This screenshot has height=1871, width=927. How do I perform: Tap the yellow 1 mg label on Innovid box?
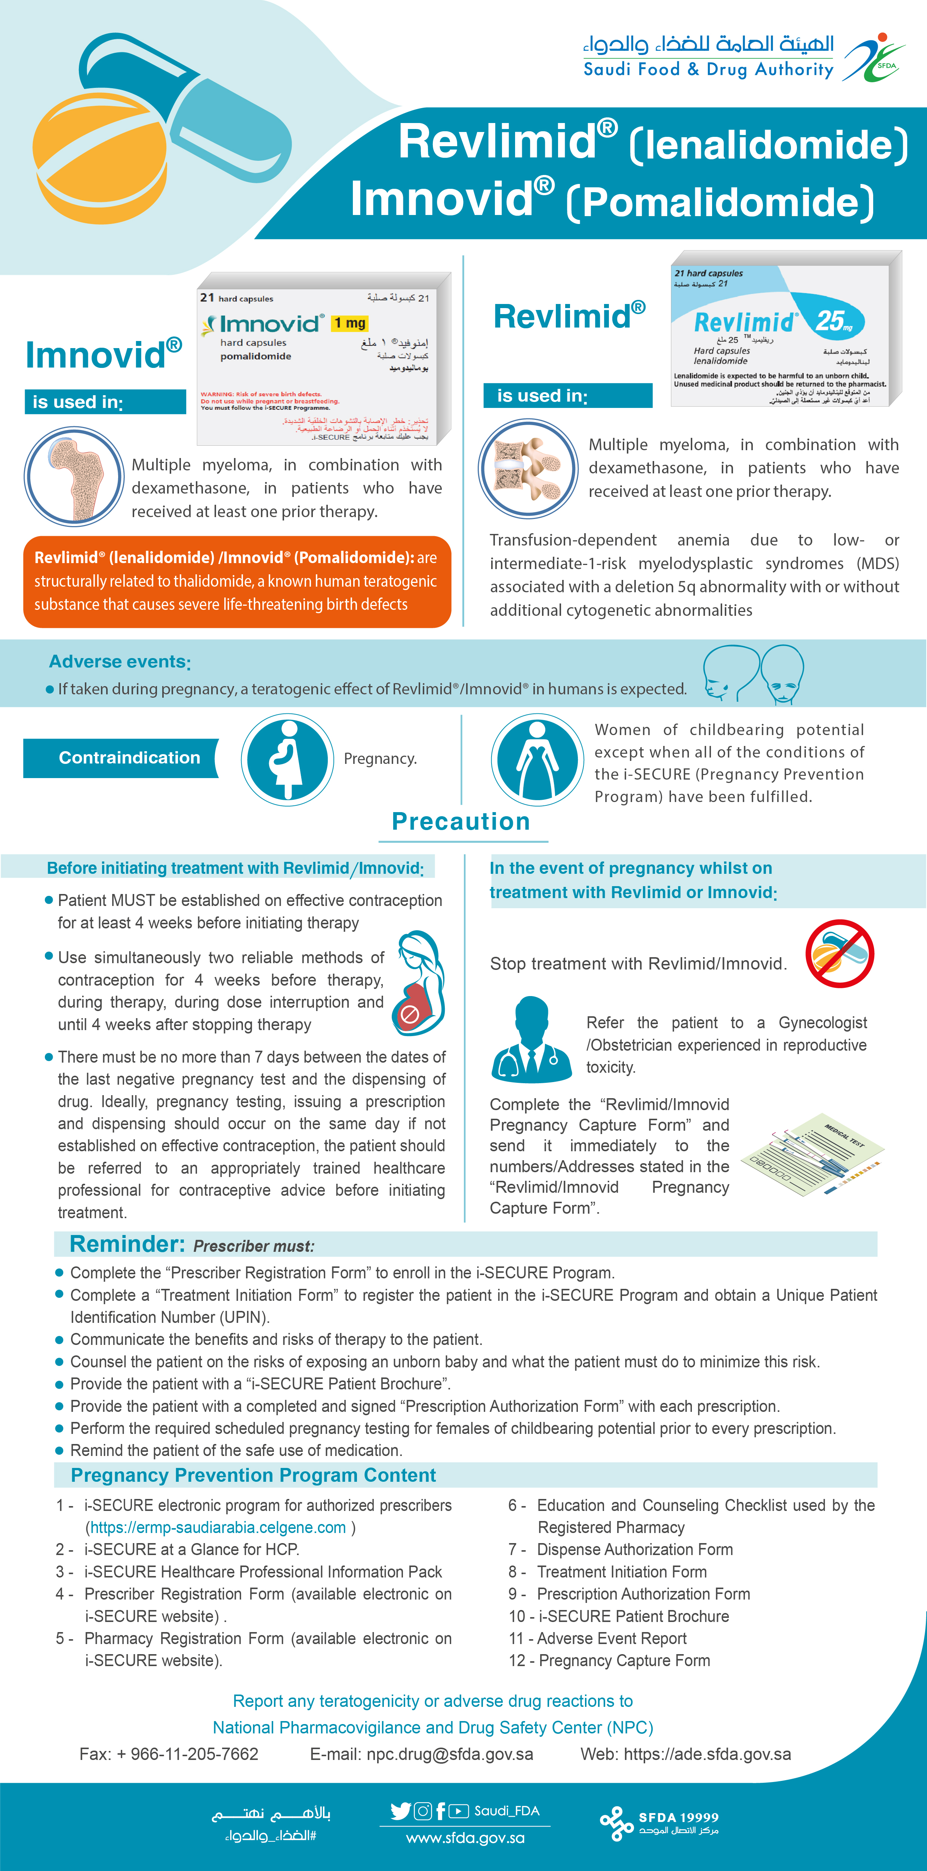pos(350,322)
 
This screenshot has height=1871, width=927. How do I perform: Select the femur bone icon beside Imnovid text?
pos(74,476)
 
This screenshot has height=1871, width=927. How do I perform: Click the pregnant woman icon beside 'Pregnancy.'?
pos(287,759)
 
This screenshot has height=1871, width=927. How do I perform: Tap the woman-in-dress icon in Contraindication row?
pos(537,759)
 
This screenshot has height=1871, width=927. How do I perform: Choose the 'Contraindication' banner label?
pos(129,758)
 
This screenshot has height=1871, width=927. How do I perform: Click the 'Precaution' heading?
pos(461,821)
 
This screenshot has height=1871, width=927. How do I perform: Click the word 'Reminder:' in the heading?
pos(127,1244)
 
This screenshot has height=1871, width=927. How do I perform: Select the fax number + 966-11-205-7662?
pos(187,1754)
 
